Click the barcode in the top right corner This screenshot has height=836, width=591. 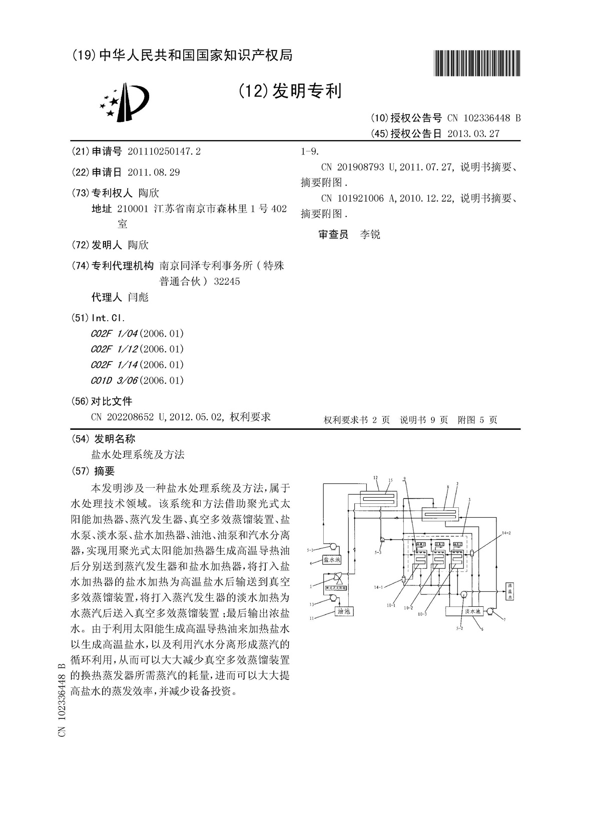[x=476, y=64]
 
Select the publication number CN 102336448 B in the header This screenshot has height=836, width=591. [x=484, y=118]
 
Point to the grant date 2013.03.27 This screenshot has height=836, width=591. [x=473, y=134]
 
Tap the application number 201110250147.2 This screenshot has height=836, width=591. [x=164, y=152]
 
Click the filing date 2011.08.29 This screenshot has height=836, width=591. [x=154, y=173]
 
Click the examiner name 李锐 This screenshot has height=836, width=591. [x=370, y=235]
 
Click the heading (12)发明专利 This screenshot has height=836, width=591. [x=290, y=91]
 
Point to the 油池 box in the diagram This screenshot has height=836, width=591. [x=344, y=611]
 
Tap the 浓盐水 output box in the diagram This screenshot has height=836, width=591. [x=510, y=591]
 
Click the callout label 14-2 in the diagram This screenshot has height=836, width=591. [x=506, y=534]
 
